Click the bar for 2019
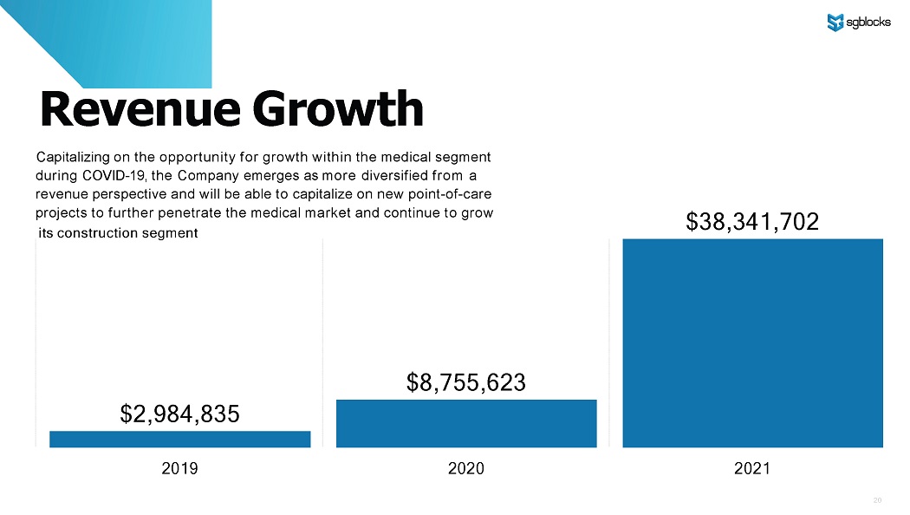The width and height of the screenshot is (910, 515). click(179, 439)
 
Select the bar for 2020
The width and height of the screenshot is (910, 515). click(466, 423)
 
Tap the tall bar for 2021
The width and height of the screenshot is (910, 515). click(752, 342)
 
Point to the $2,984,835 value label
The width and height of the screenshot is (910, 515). click(179, 414)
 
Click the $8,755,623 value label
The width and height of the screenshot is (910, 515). click(466, 382)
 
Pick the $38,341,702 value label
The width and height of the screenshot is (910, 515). click(752, 223)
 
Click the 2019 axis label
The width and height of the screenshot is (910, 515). click(179, 469)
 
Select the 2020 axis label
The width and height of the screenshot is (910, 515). click(466, 469)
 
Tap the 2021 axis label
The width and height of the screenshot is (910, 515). click(752, 469)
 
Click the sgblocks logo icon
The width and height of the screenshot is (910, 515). click(835, 23)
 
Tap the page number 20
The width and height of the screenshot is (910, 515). click(877, 500)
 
